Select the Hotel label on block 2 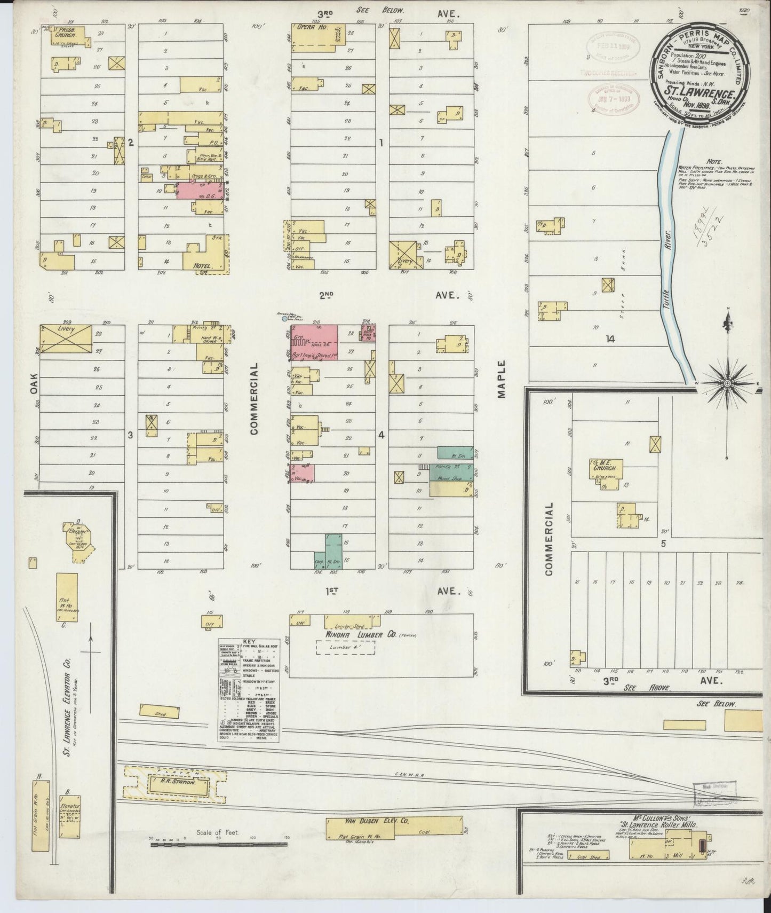coord(204,265)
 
